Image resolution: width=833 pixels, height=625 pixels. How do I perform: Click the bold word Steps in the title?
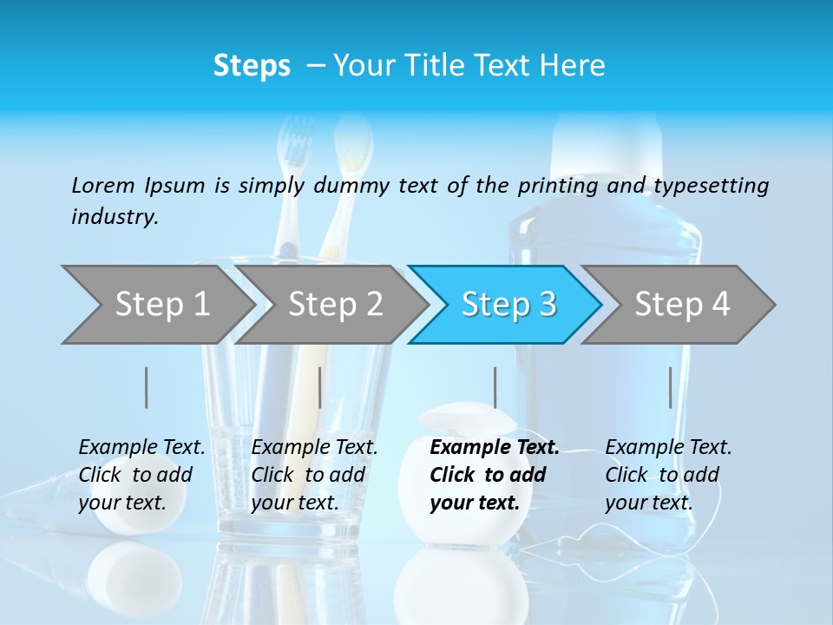(x=252, y=66)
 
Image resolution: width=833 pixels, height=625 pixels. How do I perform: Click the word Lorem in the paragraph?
(x=103, y=185)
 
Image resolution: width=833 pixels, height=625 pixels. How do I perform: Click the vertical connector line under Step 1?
(x=147, y=387)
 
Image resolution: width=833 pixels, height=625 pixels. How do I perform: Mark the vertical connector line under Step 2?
(x=320, y=387)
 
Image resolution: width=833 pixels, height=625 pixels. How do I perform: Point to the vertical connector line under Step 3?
(x=495, y=387)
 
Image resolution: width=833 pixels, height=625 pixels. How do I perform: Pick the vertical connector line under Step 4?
(x=670, y=387)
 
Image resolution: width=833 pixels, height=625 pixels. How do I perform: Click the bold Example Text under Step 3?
(x=495, y=448)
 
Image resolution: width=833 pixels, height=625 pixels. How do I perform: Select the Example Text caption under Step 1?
(x=141, y=448)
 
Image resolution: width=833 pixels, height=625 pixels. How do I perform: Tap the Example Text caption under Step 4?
(x=668, y=448)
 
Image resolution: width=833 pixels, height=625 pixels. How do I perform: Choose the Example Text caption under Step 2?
(x=314, y=448)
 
